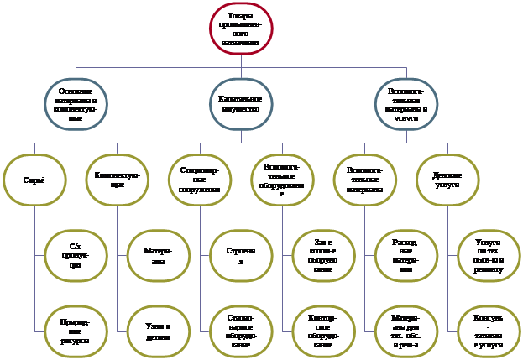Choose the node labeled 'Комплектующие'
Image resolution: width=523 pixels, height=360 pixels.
point(118,180)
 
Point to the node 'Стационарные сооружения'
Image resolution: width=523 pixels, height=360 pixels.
point(200,180)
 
